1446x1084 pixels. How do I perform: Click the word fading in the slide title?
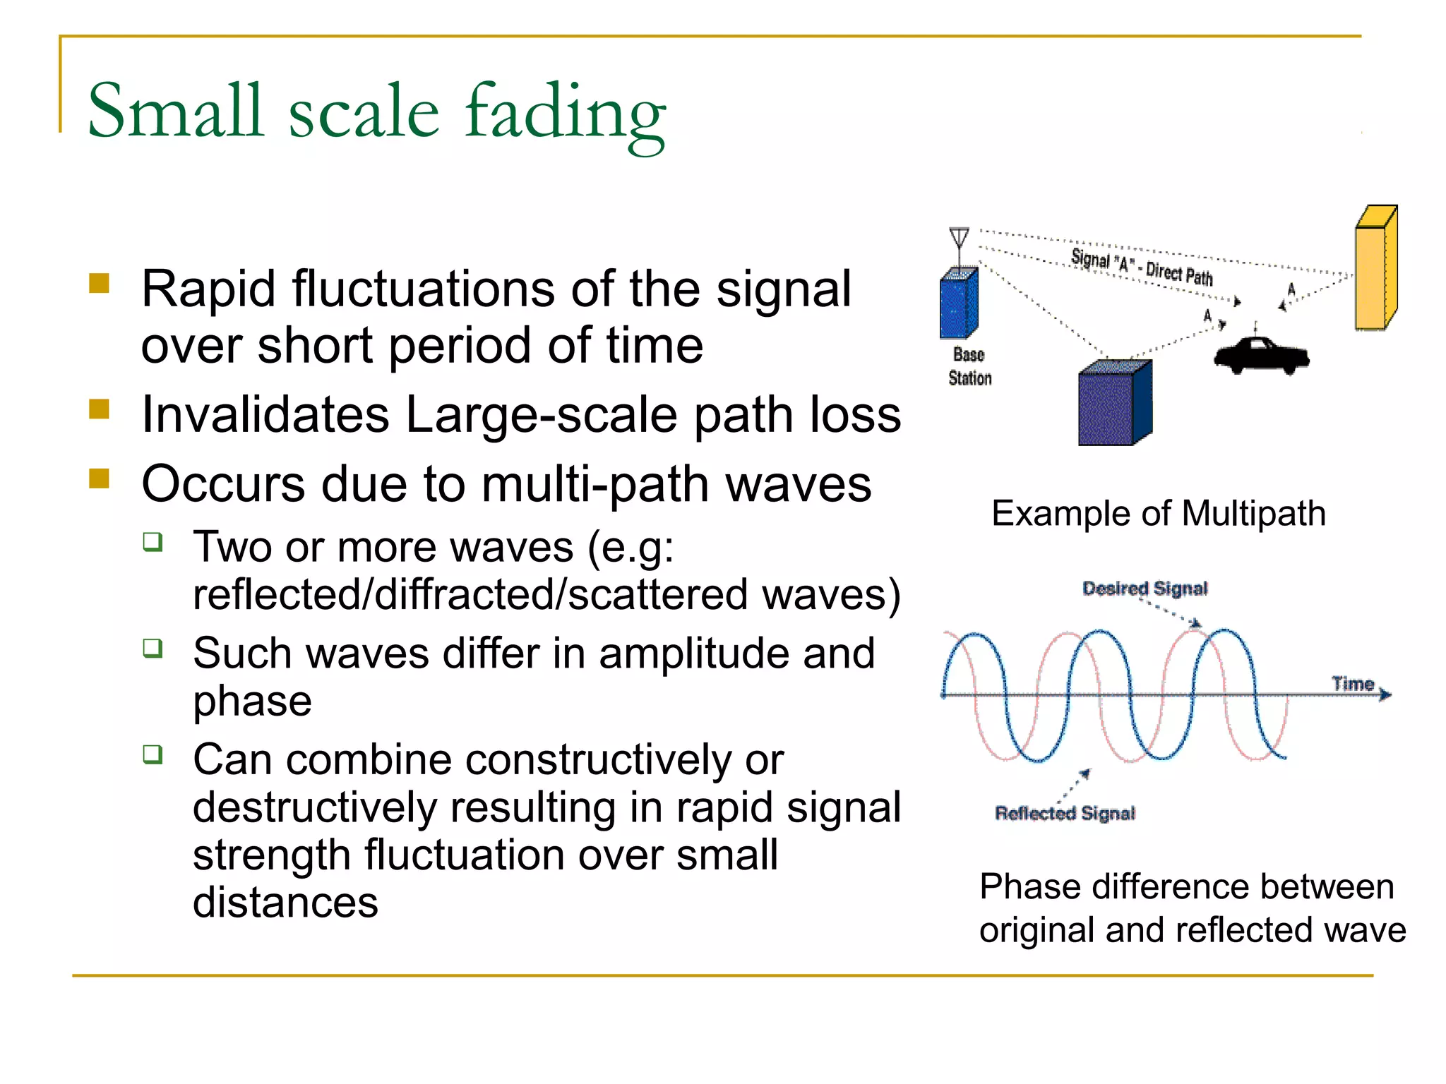tap(565, 113)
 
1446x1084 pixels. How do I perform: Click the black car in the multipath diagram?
tap(1261, 355)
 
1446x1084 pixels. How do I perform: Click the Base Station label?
tap(969, 366)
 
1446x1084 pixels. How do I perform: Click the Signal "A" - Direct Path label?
tap(1142, 267)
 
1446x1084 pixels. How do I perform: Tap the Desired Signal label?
tap(1145, 588)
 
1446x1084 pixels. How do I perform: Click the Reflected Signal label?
tap(1065, 813)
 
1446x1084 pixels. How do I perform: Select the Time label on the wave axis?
tap(1352, 683)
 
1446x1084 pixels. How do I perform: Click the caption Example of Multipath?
tap(1158, 513)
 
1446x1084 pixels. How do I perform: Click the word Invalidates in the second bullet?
tap(265, 414)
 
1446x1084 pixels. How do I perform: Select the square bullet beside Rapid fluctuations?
tap(100, 284)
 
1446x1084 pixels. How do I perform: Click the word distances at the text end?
tap(285, 903)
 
